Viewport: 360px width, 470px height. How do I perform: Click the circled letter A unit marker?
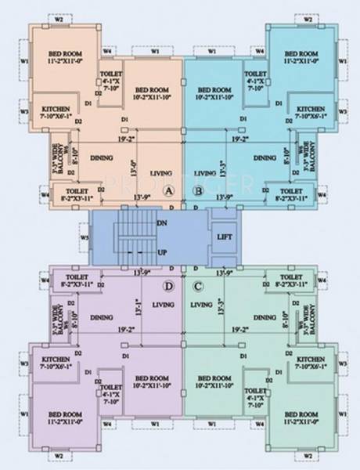(x=167, y=190)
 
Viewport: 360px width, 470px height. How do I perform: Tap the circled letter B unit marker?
(x=198, y=190)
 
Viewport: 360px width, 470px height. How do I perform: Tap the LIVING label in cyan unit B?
(x=205, y=172)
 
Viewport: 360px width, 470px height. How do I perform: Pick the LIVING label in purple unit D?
(x=163, y=304)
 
